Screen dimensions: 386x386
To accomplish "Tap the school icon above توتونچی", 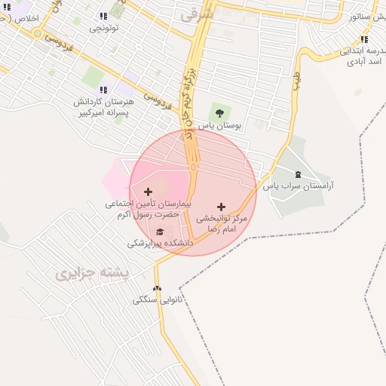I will coord(103,16).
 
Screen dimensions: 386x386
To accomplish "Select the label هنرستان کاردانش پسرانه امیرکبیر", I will coord(104,106).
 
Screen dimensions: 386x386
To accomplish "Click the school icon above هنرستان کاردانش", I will coord(103,90).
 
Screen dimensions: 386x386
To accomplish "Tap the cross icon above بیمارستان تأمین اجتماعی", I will coord(148,192).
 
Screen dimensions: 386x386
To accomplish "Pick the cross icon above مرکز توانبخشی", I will coord(221,207).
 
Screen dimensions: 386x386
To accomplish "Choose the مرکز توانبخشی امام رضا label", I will coord(222,222).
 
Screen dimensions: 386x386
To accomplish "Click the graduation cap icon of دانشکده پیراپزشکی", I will coord(160,231).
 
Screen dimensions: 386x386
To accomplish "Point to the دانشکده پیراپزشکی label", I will coord(160,244).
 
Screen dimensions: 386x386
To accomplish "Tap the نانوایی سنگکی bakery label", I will coord(158,300).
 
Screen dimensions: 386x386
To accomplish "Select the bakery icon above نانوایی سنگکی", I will coord(158,289).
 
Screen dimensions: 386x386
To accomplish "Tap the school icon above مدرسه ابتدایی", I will coord(364,39).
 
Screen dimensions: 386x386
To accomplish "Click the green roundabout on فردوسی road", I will coord(37,33).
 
